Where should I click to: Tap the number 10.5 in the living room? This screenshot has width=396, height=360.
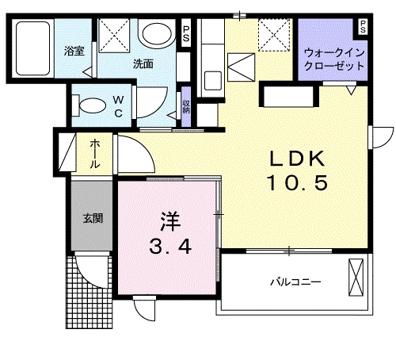tap(295, 185)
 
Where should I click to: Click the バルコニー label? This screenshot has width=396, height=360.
tap(294, 281)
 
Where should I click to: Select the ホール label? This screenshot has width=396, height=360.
tap(94, 154)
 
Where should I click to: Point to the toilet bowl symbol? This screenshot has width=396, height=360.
tap(89, 104)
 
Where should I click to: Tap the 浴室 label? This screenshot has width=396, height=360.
tap(74, 53)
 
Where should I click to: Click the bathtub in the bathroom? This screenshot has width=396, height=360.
tap(32, 48)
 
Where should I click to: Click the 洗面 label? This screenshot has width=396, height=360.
tap(143, 64)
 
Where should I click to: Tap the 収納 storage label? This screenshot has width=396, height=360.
tap(185, 106)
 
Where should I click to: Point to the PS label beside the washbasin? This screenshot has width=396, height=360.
tap(186, 34)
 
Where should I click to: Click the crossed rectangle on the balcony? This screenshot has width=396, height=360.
tap(356, 278)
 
